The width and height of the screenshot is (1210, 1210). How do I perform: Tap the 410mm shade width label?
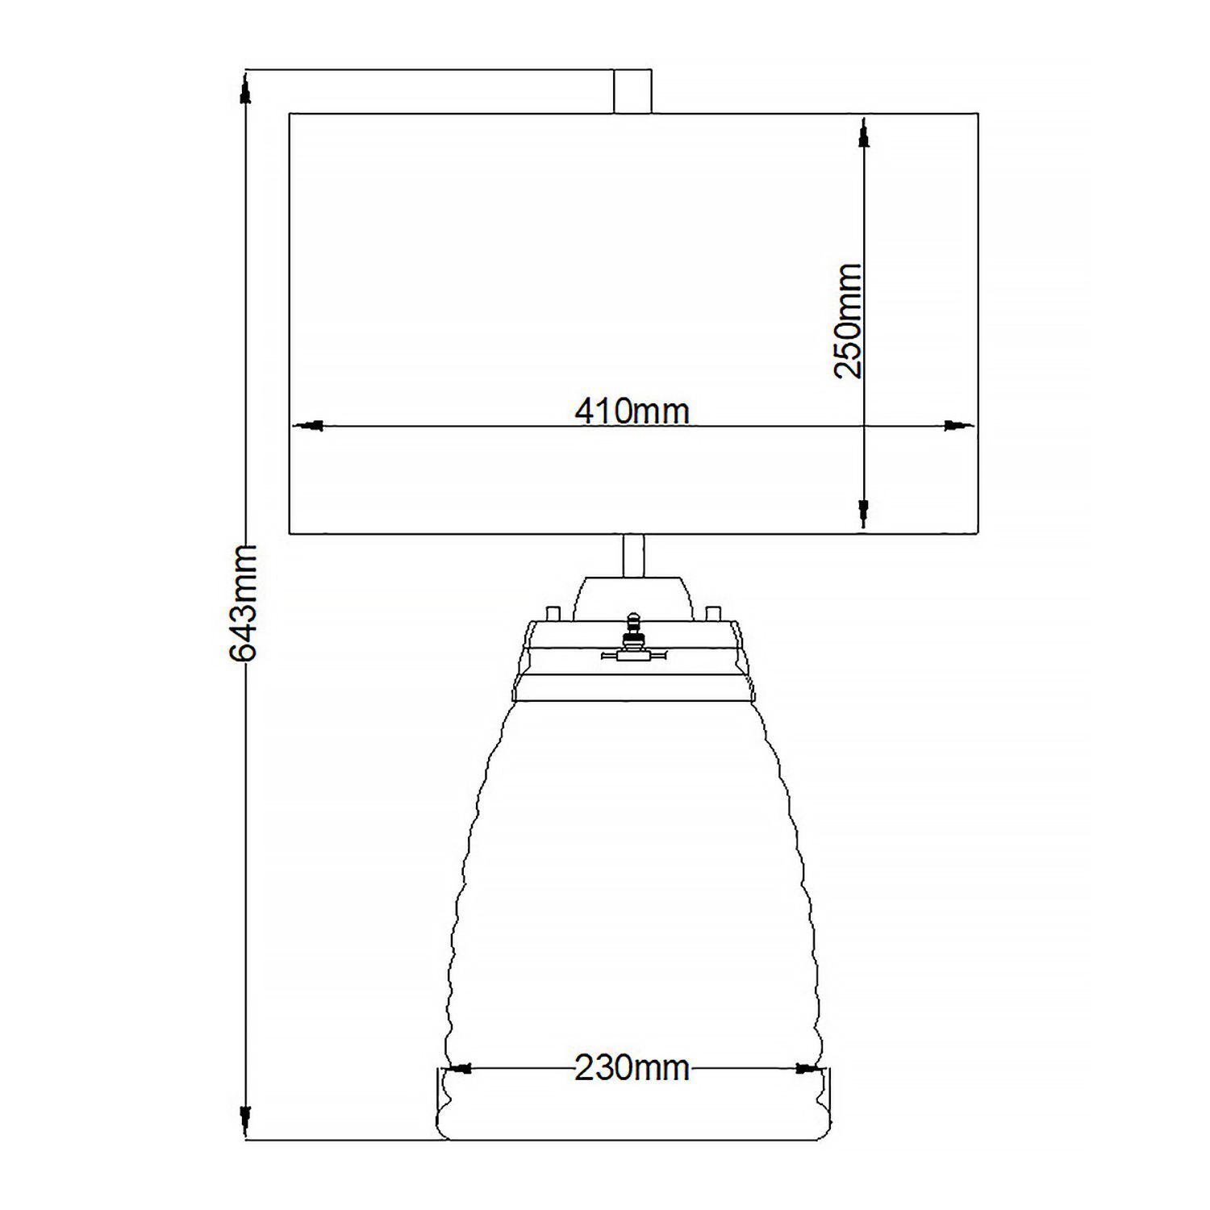tap(632, 411)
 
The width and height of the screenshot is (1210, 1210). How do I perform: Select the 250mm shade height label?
tap(849, 320)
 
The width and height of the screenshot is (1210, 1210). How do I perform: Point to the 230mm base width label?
tap(632, 1068)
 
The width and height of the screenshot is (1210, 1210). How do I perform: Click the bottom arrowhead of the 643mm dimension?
tap(246, 1119)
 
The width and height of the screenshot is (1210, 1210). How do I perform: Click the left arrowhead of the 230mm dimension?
tap(459, 1069)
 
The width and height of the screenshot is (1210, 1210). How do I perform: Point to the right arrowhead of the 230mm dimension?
tap(805, 1069)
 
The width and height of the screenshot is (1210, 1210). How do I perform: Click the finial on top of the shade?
tap(632, 91)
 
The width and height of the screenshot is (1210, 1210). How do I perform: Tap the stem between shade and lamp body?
tap(633, 556)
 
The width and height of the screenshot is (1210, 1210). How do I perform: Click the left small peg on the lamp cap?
tap(554, 613)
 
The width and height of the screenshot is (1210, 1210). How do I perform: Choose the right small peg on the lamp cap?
tap(711, 613)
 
